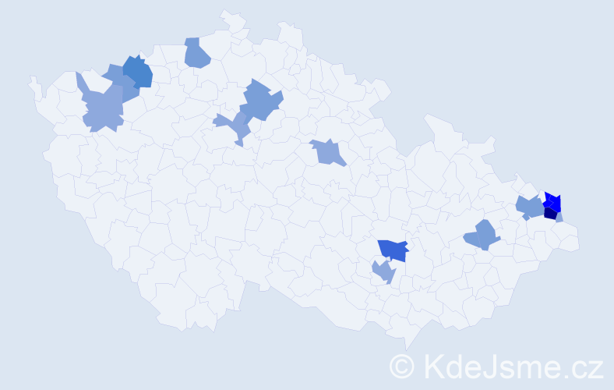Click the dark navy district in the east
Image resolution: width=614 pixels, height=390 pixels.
(x=551, y=213)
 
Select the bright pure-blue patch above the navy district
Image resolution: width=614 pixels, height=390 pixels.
(x=552, y=200)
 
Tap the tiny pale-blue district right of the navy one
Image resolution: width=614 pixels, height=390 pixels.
(x=559, y=218)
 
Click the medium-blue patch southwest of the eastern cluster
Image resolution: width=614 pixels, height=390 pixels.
(x=482, y=235)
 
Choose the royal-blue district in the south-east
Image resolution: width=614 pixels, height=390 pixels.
(x=394, y=250)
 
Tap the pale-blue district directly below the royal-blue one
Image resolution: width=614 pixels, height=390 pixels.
(x=383, y=271)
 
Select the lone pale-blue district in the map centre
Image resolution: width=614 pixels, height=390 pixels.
(x=327, y=152)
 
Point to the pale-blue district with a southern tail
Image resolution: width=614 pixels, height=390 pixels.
(x=236, y=125)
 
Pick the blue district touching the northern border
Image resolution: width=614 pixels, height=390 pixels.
(x=197, y=52)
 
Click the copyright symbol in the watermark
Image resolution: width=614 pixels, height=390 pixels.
(x=402, y=366)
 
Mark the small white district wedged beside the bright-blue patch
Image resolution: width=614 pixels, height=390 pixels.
(x=545, y=194)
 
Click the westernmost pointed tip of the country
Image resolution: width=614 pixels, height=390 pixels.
(x=32, y=78)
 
